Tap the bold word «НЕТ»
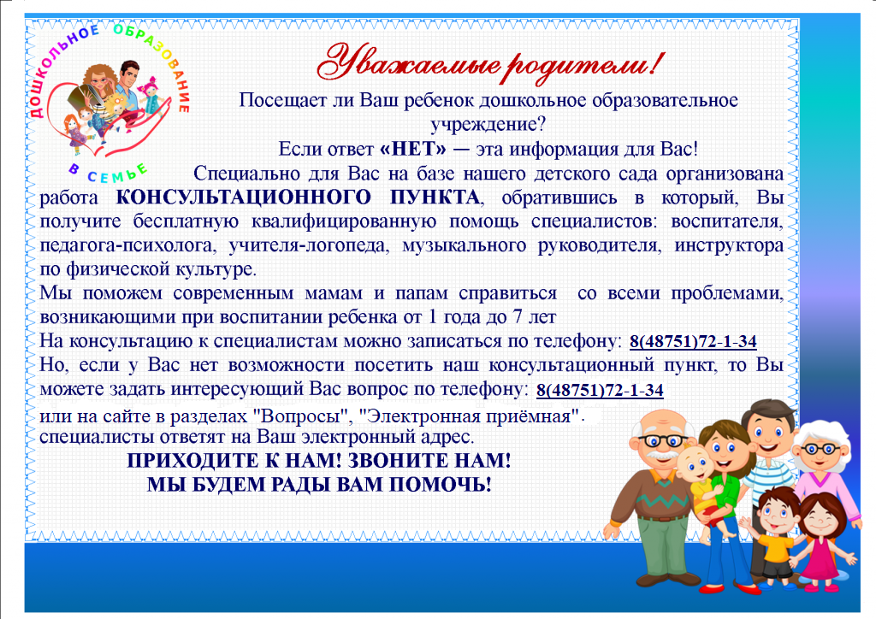(413, 149)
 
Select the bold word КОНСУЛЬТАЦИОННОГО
(243, 197)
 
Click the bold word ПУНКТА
(434, 197)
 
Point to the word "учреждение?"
(488, 125)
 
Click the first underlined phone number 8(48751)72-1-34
(693, 341)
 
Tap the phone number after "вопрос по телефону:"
(600, 390)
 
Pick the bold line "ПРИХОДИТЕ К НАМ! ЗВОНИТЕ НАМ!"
(318, 461)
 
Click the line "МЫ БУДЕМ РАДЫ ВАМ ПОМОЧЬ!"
(319, 485)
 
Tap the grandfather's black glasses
(662, 441)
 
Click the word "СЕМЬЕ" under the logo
(117, 174)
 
